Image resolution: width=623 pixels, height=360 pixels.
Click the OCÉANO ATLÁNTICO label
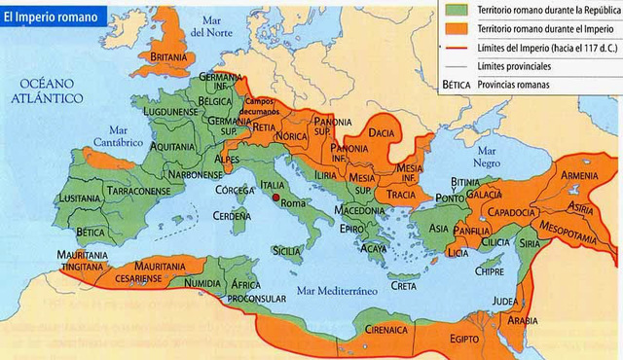point(46,91)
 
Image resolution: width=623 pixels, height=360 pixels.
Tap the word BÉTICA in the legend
point(458,85)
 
